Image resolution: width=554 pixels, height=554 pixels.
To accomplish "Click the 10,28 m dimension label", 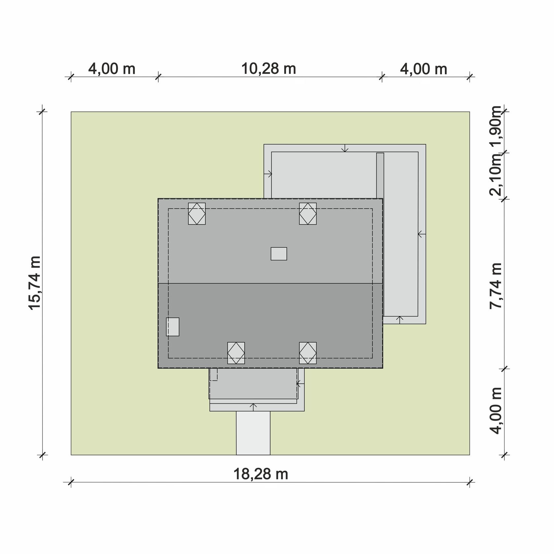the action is point(269,69).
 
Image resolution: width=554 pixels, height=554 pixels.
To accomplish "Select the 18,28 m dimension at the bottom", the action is point(261,474).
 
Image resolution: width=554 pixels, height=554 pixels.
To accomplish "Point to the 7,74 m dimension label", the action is point(496,286).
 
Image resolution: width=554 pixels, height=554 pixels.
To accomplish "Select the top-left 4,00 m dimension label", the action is point(112,69).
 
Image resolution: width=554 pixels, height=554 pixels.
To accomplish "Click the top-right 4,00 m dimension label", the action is point(424,69).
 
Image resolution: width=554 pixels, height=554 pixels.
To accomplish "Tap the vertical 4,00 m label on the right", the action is point(496,411).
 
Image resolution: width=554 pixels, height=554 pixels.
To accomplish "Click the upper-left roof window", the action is point(197,214).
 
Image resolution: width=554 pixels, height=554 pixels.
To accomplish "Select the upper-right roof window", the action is point(308,214).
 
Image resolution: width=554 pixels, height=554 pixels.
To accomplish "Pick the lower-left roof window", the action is point(236,353).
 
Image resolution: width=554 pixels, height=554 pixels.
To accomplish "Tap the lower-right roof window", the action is point(308,353).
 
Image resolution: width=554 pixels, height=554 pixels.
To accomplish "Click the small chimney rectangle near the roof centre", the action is point(279,254).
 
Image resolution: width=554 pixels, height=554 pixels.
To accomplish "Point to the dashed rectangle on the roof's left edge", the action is point(172,327).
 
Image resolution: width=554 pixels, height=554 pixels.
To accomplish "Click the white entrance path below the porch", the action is point(253,433).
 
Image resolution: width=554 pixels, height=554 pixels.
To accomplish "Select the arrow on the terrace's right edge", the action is point(422,234).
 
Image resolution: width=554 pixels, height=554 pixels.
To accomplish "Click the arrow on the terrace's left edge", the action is point(268,174).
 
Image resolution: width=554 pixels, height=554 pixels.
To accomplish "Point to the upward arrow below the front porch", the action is point(254,407).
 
